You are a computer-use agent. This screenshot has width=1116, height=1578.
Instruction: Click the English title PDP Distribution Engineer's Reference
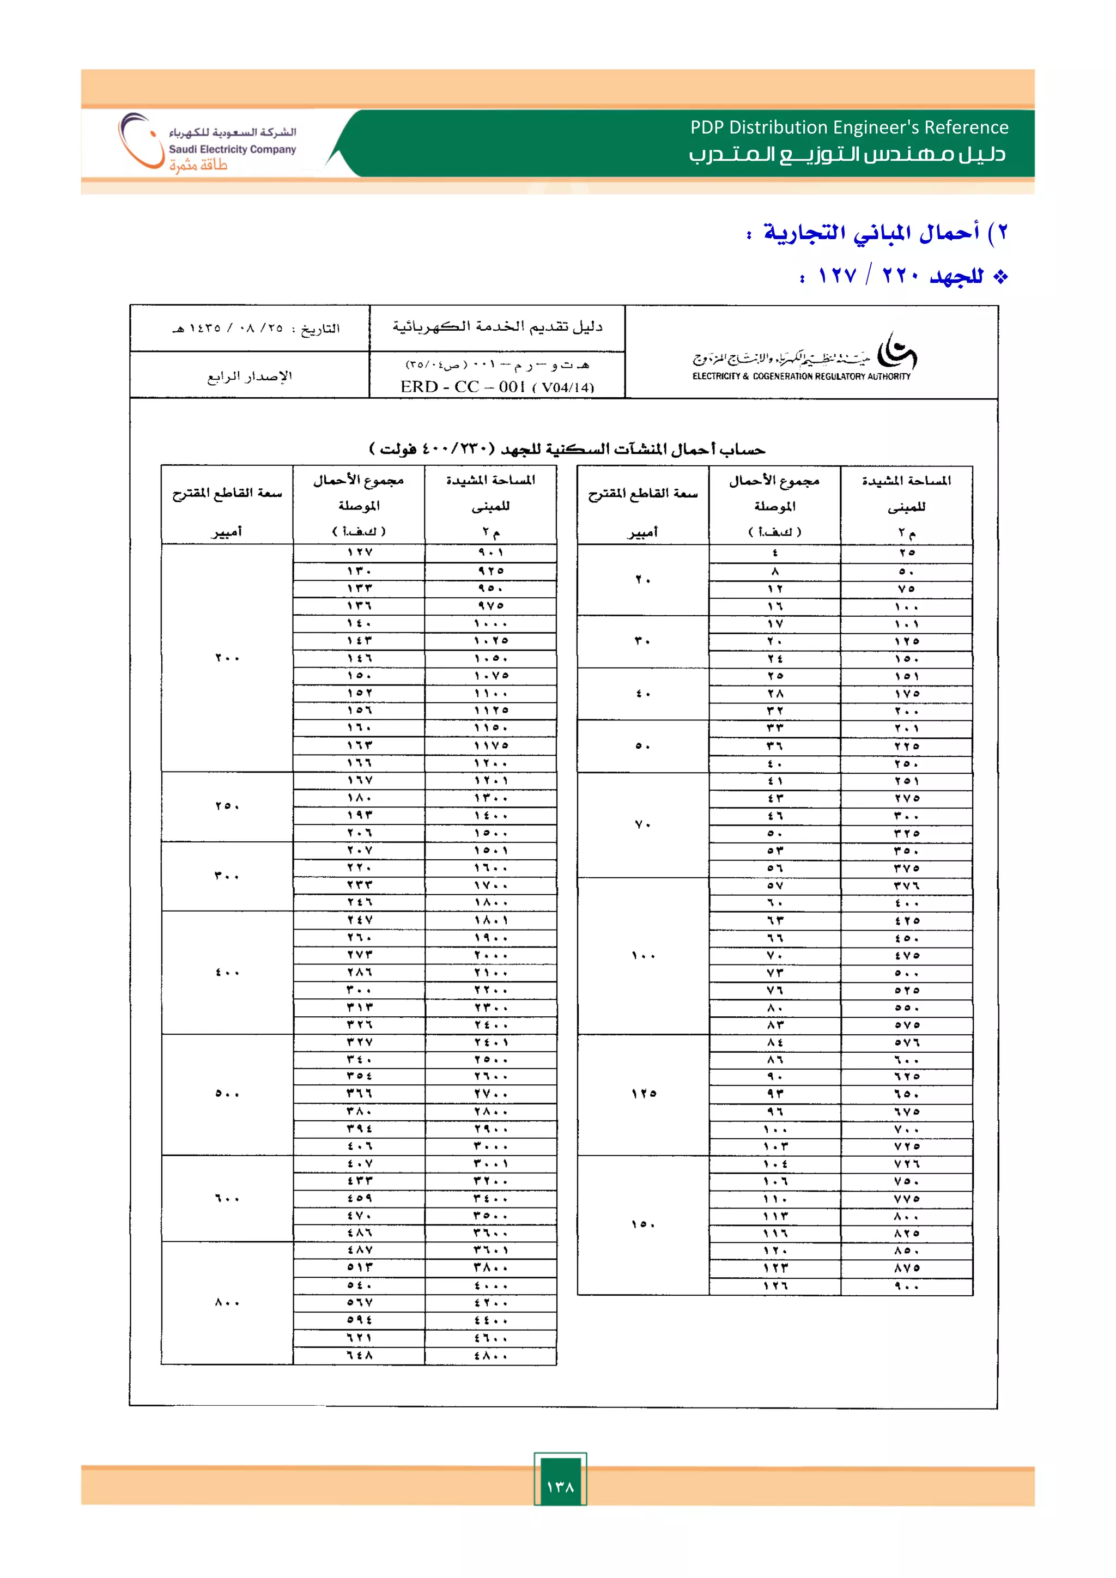[x=848, y=127]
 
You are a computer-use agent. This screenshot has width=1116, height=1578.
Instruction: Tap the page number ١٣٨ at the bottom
[x=560, y=1486]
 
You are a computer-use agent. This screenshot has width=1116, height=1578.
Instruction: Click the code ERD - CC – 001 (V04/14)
[x=497, y=386]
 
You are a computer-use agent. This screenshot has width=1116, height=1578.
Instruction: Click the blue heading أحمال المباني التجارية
[x=871, y=233]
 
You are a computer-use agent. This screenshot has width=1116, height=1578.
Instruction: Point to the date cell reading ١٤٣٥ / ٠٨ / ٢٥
[x=256, y=329]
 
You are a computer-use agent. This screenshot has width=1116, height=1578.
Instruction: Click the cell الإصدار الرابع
[x=250, y=376]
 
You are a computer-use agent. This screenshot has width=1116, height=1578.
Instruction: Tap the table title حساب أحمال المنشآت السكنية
[x=567, y=450]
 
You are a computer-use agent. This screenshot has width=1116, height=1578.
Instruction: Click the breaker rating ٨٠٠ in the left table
[x=227, y=1302]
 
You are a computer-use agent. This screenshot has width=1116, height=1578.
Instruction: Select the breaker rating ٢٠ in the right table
[x=642, y=579]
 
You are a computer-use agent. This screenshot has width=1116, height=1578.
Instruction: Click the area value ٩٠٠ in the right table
[x=906, y=1286]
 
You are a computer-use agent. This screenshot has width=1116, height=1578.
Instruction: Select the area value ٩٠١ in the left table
[x=490, y=553]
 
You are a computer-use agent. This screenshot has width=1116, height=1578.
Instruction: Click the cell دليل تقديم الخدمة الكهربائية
[x=497, y=327]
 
